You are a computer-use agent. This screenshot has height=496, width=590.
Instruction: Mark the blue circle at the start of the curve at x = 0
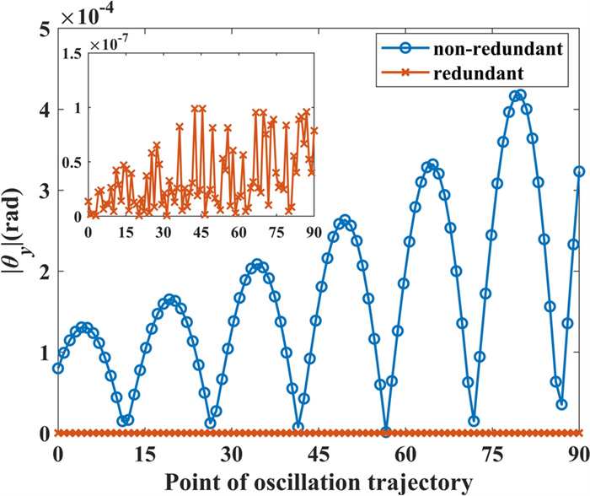(58, 368)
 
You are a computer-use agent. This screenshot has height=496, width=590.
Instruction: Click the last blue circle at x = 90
(579, 171)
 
